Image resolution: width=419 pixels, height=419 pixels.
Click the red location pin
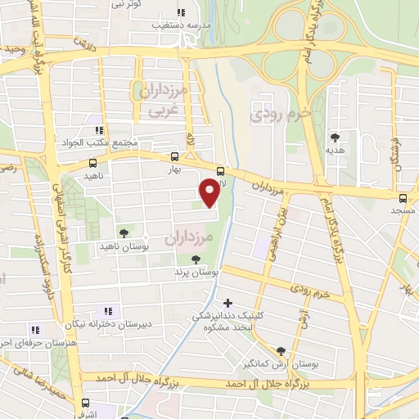tap(209, 192)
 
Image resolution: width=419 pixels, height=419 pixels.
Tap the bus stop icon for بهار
tap(174, 156)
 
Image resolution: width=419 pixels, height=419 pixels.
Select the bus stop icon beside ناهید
tap(92, 163)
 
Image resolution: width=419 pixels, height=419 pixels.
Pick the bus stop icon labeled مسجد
tap(403, 198)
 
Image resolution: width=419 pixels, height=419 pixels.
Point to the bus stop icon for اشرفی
tap(85, 403)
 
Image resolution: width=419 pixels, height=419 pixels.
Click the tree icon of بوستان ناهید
tap(124, 233)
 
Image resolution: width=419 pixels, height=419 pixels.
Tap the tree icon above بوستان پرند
tap(193, 259)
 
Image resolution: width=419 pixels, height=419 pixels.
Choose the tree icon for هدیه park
tap(334, 137)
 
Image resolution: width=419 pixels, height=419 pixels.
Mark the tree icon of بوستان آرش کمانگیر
tap(281, 349)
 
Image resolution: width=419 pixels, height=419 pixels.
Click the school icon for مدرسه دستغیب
tap(181, 13)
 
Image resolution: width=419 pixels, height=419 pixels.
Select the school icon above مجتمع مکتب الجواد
tap(99, 130)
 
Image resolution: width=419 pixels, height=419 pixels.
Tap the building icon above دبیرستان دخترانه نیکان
tap(107, 310)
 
